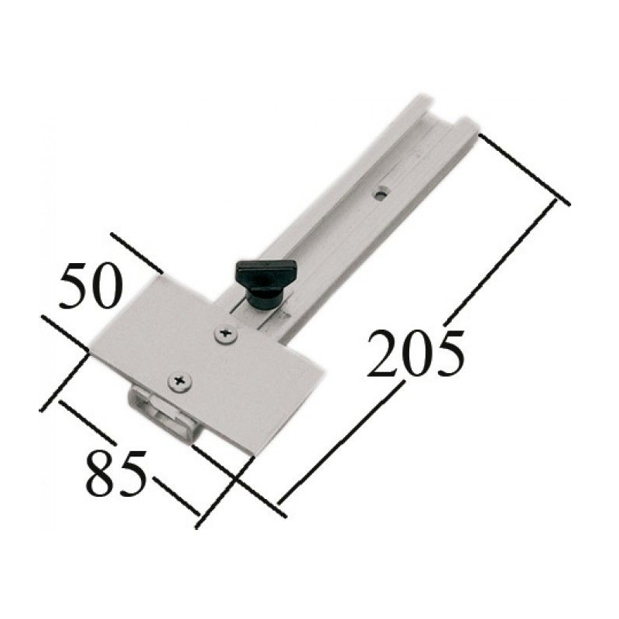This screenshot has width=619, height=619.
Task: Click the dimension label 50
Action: pyautogui.click(x=89, y=286)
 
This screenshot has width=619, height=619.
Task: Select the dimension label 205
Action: pyautogui.click(x=415, y=353)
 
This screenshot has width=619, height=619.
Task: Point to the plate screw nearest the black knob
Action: pyautogui.click(x=226, y=334)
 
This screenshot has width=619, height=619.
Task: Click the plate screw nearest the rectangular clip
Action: pyautogui.click(x=180, y=381)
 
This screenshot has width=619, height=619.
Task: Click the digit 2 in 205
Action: pyautogui.click(x=383, y=354)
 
